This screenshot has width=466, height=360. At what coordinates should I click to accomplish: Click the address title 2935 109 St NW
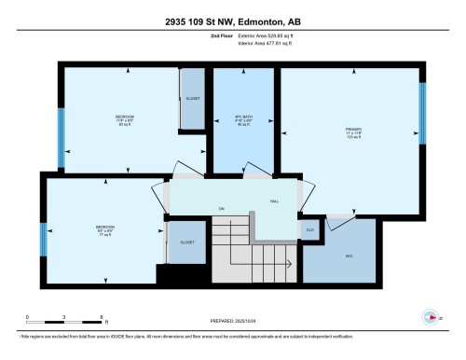click(x=232, y=12)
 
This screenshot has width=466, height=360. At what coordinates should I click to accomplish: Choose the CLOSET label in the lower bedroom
click(x=186, y=241)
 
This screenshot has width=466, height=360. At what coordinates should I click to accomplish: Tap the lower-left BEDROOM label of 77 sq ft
click(x=104, y=227)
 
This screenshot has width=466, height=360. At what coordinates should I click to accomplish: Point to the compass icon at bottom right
click(x=430, y=316)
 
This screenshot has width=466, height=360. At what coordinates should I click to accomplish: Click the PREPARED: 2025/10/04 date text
click(x=233, y=318)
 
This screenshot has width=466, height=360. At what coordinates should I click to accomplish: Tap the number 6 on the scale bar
click(x=100, y=317)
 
